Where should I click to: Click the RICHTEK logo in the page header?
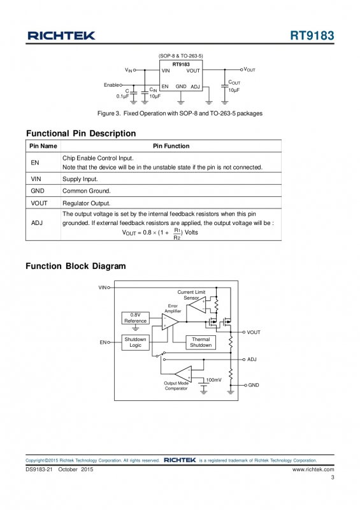[x=61, y=36]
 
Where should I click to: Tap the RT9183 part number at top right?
[x=312, y=36]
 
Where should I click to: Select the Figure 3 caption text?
[x=180, y=113]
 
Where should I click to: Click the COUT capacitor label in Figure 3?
[x=234, y=83]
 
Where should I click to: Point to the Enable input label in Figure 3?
[x=112, y=85]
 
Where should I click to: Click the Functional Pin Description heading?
[x=81, y=133]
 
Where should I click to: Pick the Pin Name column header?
[x=43, y=146]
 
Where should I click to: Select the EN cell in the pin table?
[x=35, y=163]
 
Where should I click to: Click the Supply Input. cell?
[x=80, y=179]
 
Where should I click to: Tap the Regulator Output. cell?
[x=86, y=203]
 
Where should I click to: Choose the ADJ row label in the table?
[x=37, y=223]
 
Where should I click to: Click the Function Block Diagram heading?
[x=76, y=266]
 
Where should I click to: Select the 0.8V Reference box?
[x=135, y=318]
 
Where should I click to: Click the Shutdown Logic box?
[x=135, y=342]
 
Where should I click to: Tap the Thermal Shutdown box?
[x=201, y=342]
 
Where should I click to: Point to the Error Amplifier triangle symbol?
[x=169, y=322]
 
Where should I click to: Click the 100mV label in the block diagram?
[x=213, y=380]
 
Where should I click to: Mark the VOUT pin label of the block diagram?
[x=254, y=332]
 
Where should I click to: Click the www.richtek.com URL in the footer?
[x=313, y=469]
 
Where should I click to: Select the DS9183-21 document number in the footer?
[x=39, y=469]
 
